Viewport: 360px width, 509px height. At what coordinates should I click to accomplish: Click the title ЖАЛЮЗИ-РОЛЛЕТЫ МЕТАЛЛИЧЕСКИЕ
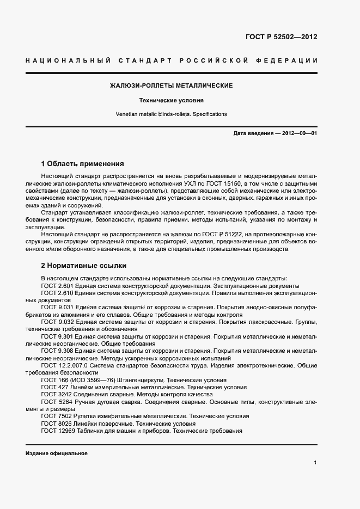[172, 86]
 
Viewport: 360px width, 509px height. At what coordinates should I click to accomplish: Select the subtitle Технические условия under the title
[172, 101]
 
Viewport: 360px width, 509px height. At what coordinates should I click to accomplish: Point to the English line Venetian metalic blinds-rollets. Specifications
[172, 114]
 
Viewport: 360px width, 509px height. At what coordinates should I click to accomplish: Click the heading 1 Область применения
[82, 164]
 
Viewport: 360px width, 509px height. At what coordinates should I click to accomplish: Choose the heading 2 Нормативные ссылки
[84, 266]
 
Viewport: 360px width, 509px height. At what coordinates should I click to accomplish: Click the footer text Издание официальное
[57, 453]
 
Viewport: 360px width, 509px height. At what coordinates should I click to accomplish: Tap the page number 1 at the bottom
[315, 463]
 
